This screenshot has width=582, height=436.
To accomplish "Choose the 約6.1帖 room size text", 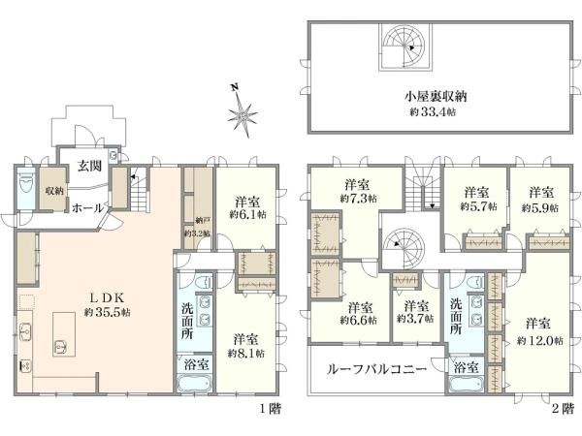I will point(243,215).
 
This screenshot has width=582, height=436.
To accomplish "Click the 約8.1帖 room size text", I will point(244,354).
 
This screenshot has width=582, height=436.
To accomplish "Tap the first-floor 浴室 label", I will point(195,367).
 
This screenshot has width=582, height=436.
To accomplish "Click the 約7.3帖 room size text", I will point(356,197).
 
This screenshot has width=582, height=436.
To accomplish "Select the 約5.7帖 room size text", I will point(473,206).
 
